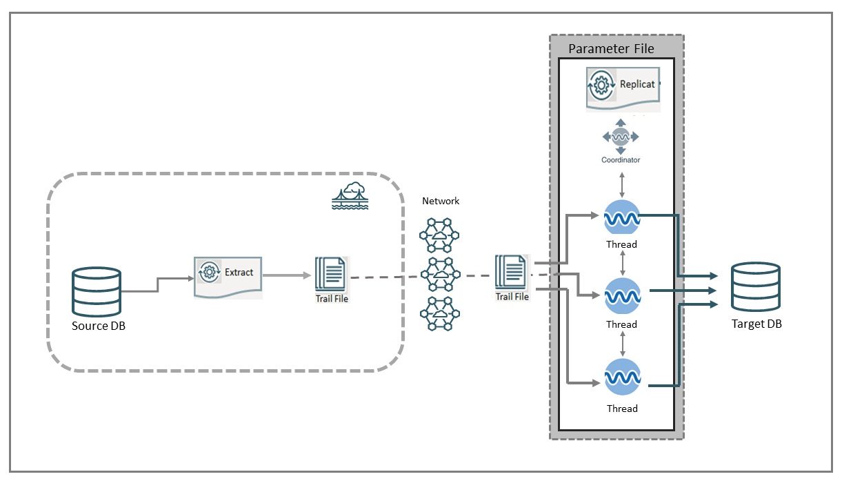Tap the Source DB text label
(x=98, y=326)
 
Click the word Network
(x=441, y=201)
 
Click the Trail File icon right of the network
(x=512, y=272)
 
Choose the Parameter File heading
(x=611, y=49)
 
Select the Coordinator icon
(x=620, y=137)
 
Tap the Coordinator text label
(x=620, y=160)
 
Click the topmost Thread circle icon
(x=622, y=218)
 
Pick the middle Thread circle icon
(x=622, y=297)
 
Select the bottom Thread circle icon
(x=622, y=378)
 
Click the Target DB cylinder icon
(x=756, y=287)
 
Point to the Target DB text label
(x=756, y=324)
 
